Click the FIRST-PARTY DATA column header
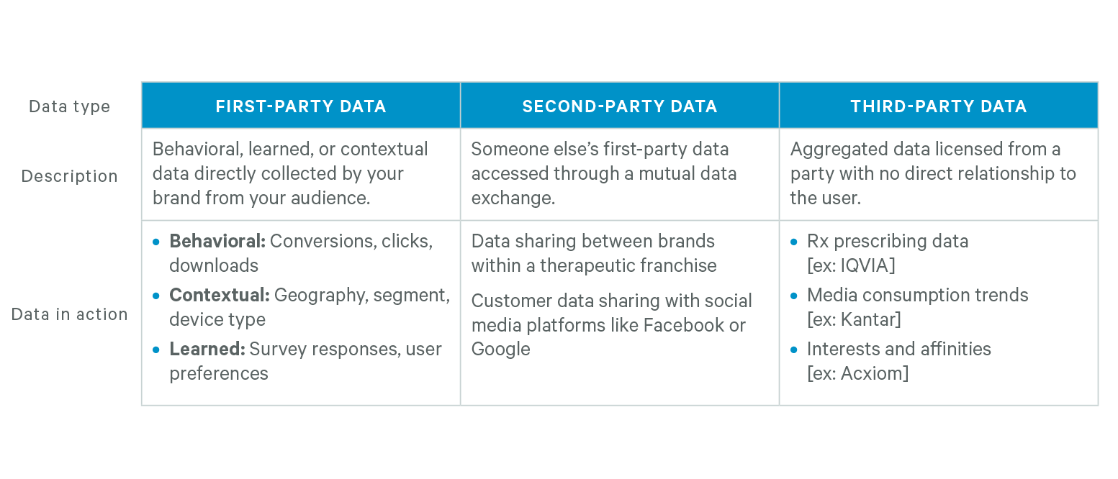[301, 106]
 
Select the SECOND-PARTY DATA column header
[620, 106]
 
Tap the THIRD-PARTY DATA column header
[939, 106]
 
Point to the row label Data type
[70, 106]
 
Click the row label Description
[70, 176]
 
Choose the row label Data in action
[70, 314]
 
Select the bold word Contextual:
[219, 296]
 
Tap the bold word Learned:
[207, 350]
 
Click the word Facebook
[683, 325]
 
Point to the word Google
[500, 350]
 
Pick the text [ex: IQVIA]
[851, 265]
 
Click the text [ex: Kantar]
[854, 319]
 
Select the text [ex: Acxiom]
[857, 373]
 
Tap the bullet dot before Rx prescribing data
[794, 242]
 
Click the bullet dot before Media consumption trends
[794, 296]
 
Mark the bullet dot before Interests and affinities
[794, 350]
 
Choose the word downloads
[214, 265]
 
